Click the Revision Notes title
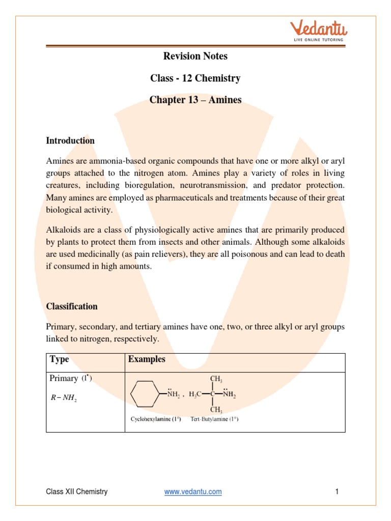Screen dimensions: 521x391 point(195,56)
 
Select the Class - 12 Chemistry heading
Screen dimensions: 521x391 point(195,78)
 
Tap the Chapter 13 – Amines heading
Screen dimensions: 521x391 point(195,100)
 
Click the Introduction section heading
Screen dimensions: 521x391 point(70,140)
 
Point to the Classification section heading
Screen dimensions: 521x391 point(72,306)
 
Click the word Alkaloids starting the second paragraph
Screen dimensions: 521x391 point(63,229)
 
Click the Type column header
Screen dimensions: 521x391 point(59,359)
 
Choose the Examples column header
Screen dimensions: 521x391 point(147,359)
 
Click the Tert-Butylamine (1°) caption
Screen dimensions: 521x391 point(214,420)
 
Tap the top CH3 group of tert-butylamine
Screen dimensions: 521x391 point(216,380)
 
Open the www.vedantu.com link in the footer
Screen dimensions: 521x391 point(193,491)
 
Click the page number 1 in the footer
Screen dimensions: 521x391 point(337,491)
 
